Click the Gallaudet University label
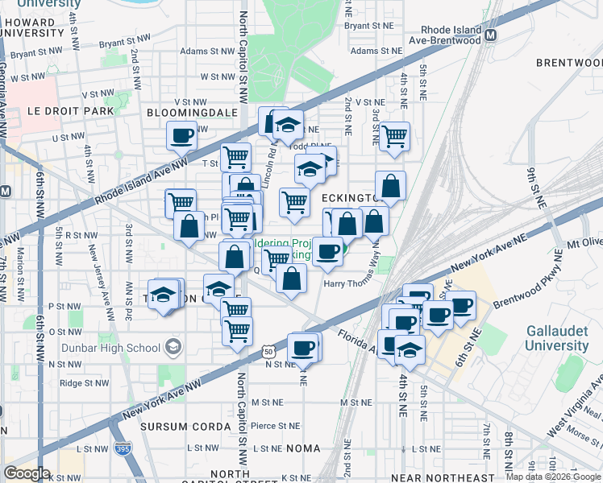[x=557, y=338]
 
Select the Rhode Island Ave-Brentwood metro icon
[x=491, y=35]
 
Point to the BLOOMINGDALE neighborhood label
[x=191, y=113]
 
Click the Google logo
[x=27, y=473]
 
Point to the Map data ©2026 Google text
[x=553, y=477]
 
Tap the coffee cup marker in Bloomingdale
[x=182, y=135]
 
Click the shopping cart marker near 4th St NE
[x=395, y=137]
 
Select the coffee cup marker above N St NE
[x=303, y=348]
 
